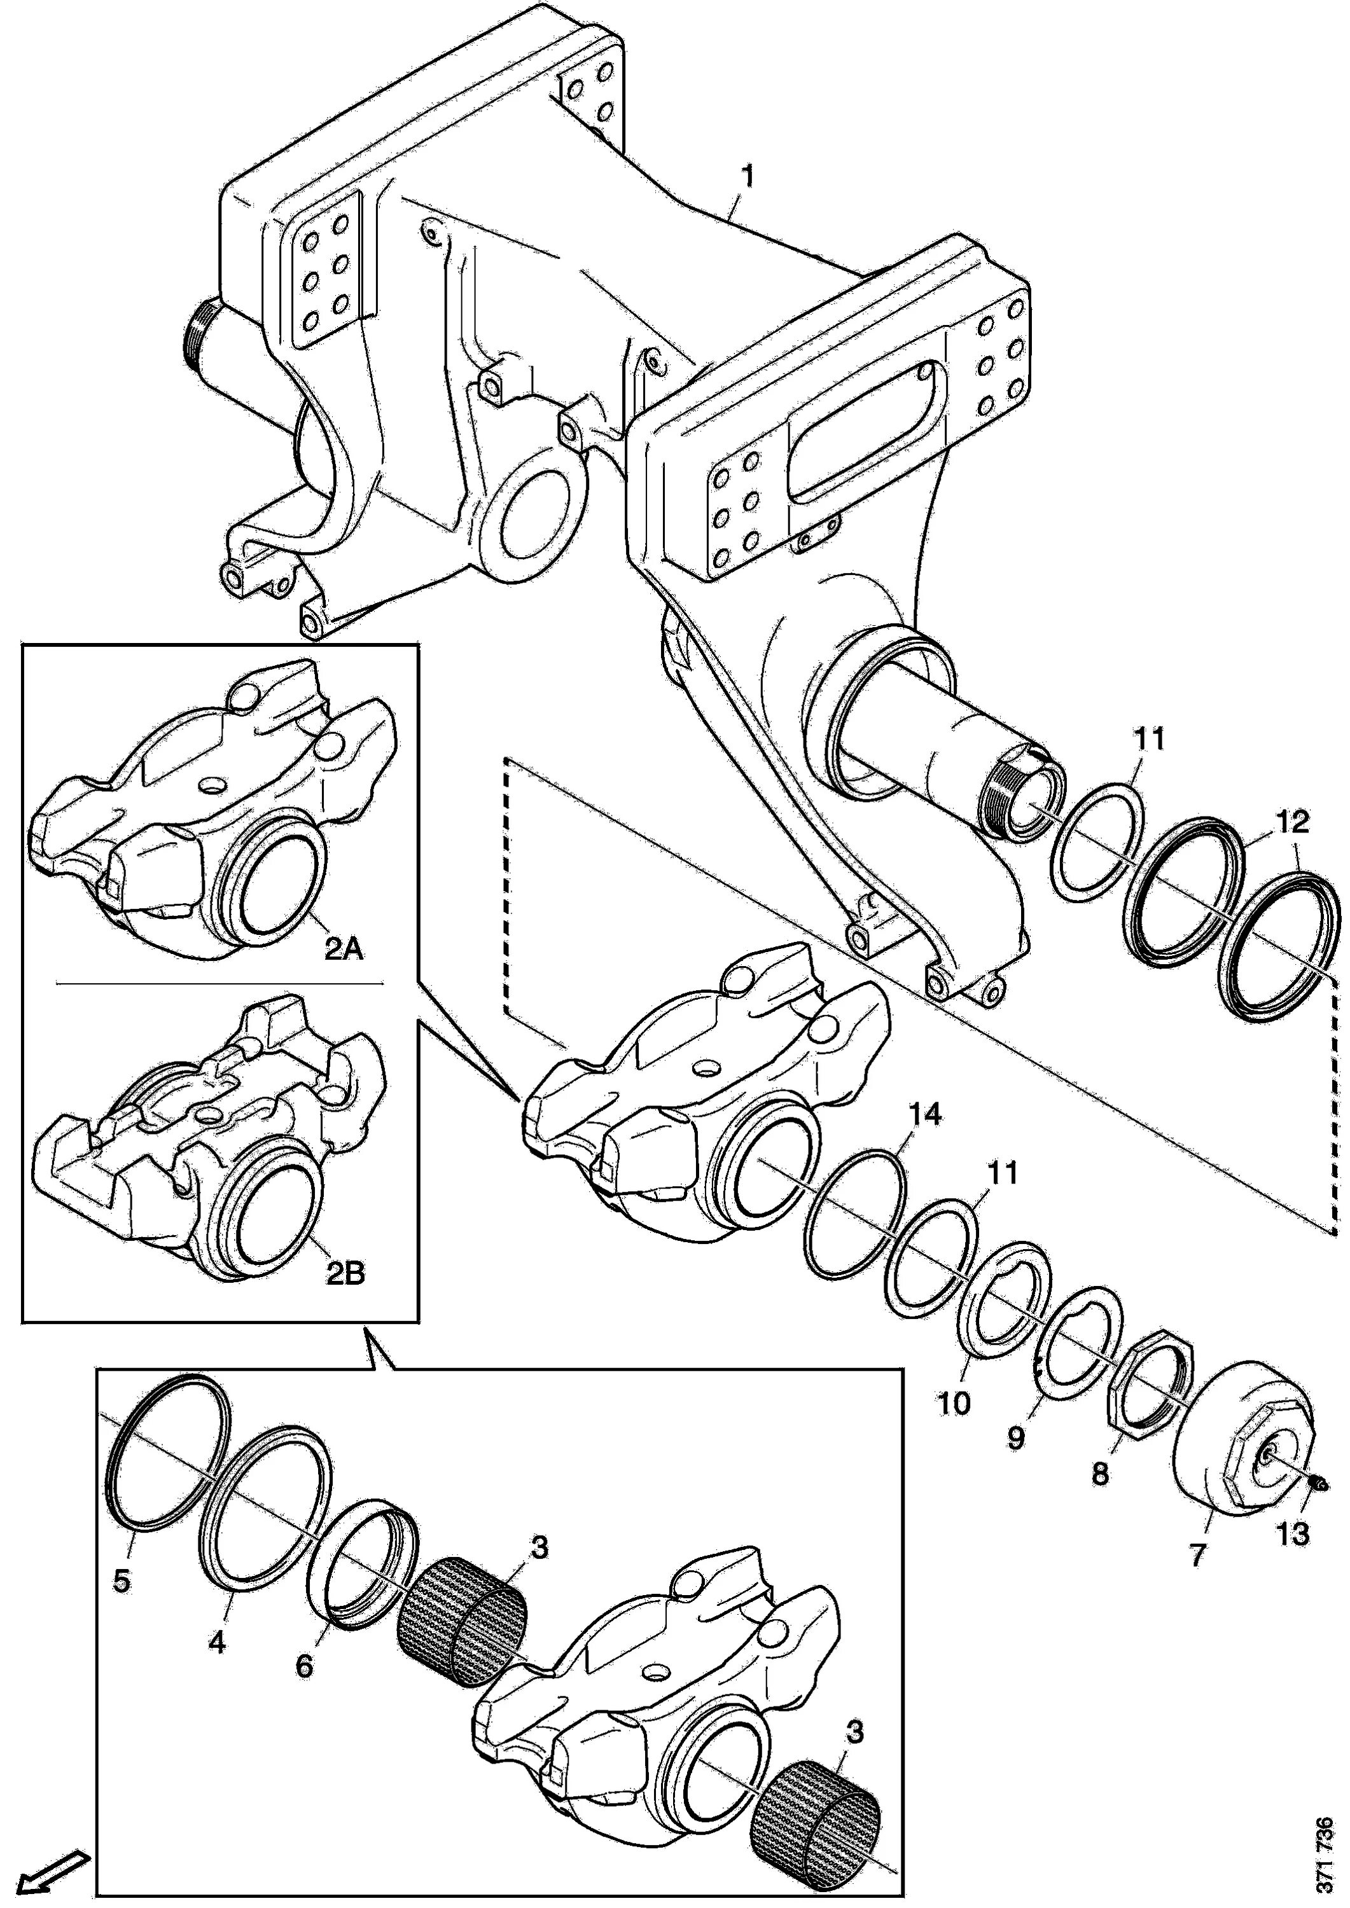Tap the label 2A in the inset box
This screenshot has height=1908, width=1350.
click(x=342, y=948)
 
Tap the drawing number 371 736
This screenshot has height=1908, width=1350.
click(x=1325, y=1853)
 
